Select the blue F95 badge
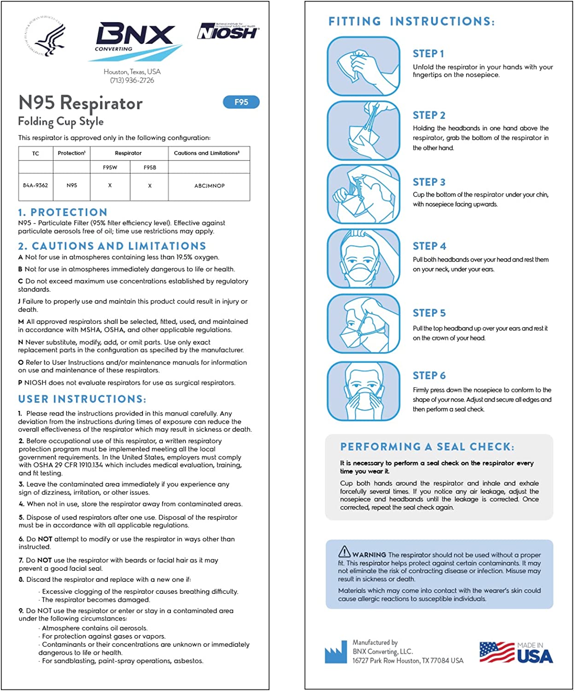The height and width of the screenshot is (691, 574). [x=241, y=102]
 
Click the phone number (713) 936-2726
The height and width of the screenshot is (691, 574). [x=132, y=80]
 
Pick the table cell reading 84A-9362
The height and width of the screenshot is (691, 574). [x=35, y=186]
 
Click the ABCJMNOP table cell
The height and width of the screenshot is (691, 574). [x=209, y=186]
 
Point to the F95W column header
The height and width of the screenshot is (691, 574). [x=110, y=167]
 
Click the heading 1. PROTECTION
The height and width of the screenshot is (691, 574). [x=63, y=212]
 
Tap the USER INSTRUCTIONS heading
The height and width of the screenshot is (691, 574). [x=82, y=399]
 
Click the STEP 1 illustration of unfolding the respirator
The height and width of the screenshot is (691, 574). [x=363, y=67]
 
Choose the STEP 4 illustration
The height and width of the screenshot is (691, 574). [x=363, y=259]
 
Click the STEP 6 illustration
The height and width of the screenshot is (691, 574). [x=363, y=391]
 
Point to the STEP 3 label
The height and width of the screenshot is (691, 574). [x=429, y=182]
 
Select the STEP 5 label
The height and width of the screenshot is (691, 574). [x=429, y=313]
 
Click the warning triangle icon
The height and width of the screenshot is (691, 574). [x=344, y=551]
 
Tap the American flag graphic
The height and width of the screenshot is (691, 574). [x=497, y=652]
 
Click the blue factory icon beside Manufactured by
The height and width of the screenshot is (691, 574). [x=335, y=652]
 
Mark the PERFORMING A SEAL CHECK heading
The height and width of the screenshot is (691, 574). [x=427, y=447]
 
